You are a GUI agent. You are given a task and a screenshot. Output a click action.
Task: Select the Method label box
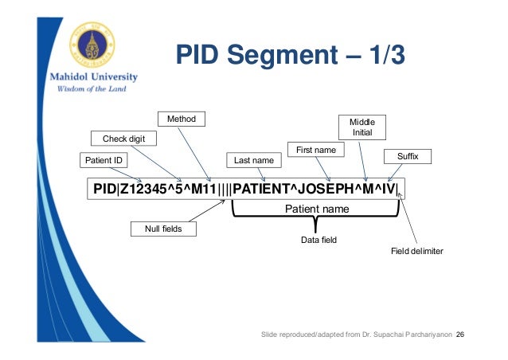(182, 119)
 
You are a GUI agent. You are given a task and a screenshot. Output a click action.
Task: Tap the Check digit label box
(123, 139)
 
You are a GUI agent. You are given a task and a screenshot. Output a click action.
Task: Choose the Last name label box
(254, 161)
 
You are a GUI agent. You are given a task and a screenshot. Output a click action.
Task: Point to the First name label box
(315, 150)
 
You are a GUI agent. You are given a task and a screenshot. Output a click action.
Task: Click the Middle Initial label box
(362, 127)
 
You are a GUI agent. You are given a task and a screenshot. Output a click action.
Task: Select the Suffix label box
(407, 156)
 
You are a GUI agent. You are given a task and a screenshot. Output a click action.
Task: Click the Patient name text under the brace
(316, 209)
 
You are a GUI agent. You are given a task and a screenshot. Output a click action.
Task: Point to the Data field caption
(316, 239)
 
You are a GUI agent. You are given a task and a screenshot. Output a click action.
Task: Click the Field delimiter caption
(416, 251)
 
